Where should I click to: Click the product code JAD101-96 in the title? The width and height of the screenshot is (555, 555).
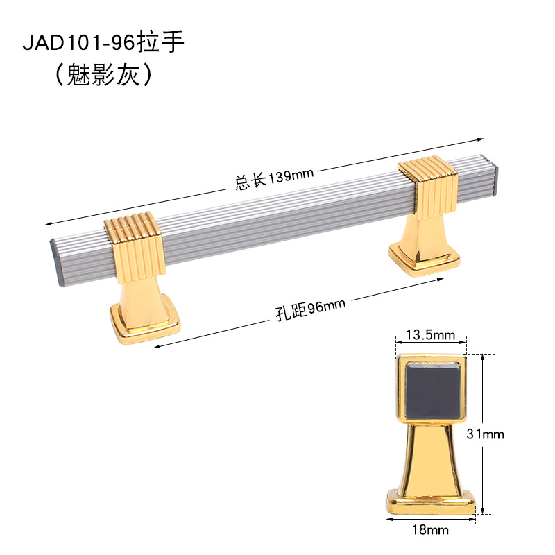coord(78,43)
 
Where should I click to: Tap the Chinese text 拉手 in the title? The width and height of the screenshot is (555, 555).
coord(161,42)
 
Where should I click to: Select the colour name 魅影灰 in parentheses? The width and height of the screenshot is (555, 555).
coord(103,75)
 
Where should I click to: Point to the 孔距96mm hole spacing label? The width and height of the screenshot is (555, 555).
coord(310,309)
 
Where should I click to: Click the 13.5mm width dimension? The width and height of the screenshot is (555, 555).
coord(430,334)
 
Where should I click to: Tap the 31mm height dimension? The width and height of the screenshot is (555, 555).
coord(485,434)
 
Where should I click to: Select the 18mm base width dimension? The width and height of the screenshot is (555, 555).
coord(430,530)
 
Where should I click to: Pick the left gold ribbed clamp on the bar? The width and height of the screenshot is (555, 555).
coord(135,247)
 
